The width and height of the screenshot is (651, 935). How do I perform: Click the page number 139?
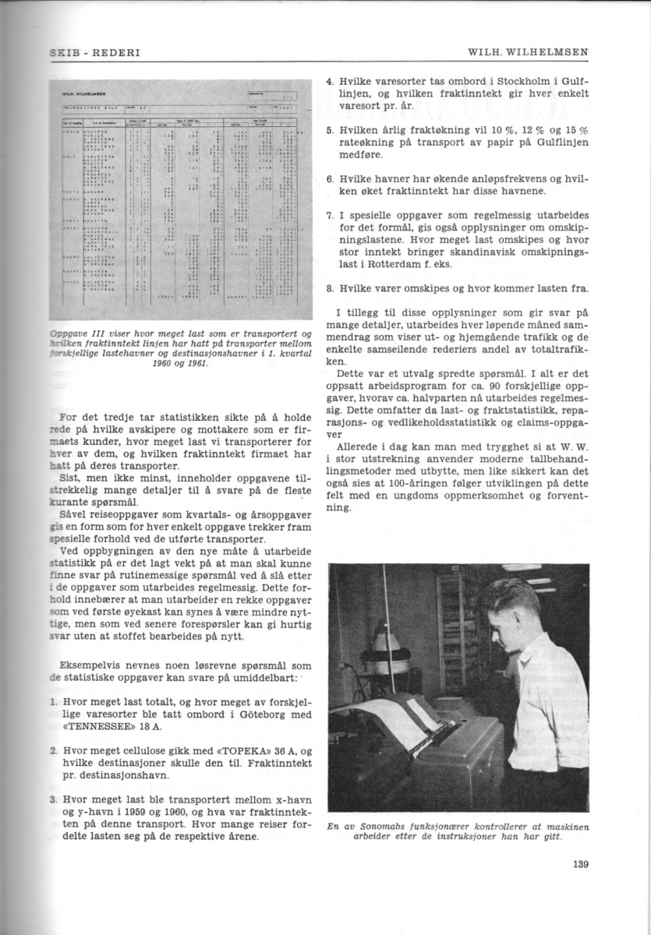[x=578, y=863]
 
